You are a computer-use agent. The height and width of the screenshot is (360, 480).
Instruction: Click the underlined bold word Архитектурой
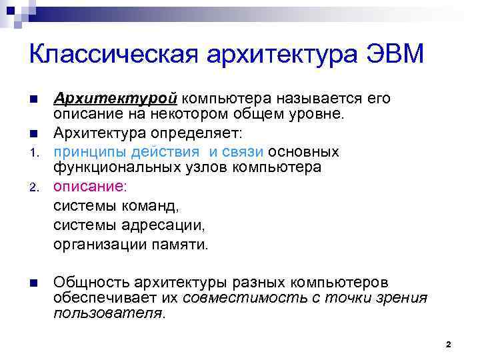115,99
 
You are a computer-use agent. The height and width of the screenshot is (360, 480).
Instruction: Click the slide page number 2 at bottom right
448,345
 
